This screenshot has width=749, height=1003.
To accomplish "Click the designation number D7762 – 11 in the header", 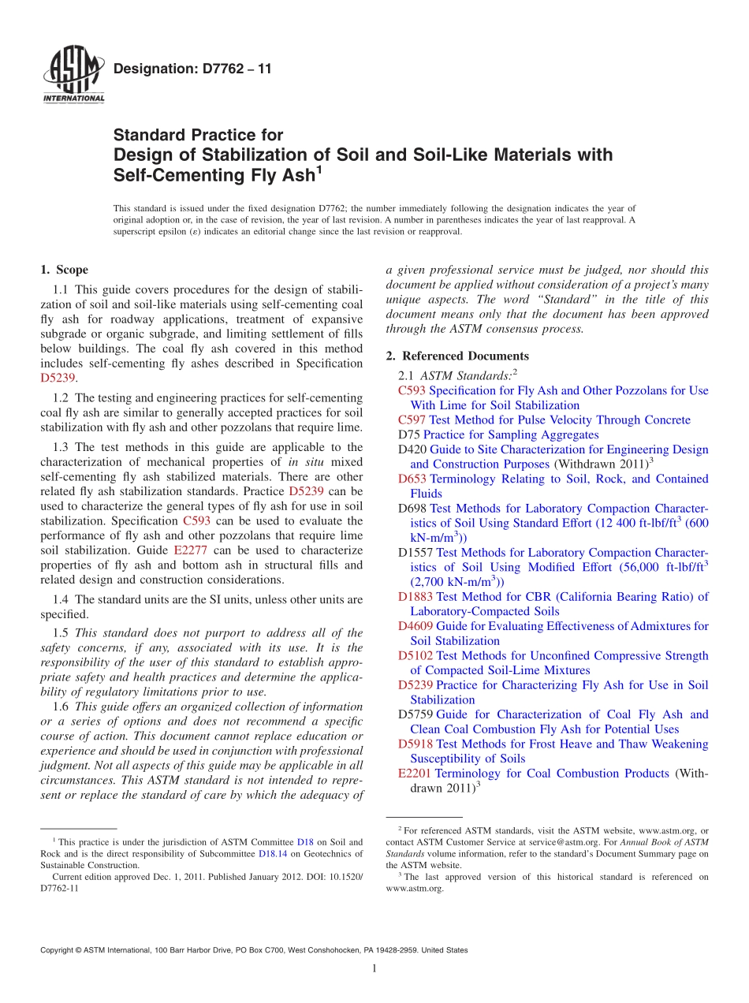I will click(x=192, y=69).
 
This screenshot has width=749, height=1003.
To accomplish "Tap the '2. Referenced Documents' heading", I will click(x=457, y=356).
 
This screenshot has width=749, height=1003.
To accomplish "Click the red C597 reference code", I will click(x=412, y=420).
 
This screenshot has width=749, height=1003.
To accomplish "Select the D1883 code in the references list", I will click(x=415, y=597).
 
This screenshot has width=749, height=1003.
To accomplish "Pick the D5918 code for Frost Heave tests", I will click(x=415, y=744).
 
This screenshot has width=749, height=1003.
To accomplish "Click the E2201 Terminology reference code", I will click(x=415, y=774).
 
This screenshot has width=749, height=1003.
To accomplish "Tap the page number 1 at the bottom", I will click(x=374, y=969).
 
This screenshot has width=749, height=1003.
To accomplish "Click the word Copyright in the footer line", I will click(x=58, y=950).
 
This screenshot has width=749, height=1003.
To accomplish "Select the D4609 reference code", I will click(x=415, y=626).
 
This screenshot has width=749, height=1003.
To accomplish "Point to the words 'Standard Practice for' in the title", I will click(x=198, y=135).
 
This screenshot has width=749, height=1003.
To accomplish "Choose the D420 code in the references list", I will click(x=412, y=449).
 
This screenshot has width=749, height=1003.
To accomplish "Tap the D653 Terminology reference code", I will click(x=412, y=479).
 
